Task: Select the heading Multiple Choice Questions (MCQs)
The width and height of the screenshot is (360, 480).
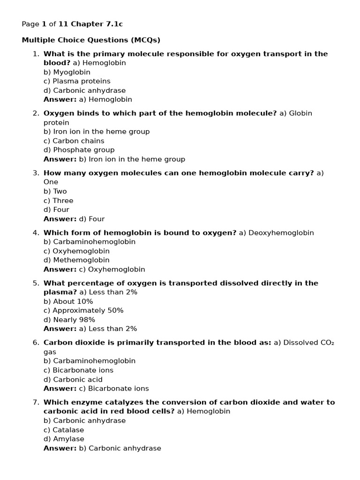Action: pos(91,40)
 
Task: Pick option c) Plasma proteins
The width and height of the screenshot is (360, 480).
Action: pos(77,81)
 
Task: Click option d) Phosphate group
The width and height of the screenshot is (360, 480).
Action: pos(79,150)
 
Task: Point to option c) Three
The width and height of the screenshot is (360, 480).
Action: pos(59,201)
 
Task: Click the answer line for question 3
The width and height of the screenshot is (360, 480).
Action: pos(74,219)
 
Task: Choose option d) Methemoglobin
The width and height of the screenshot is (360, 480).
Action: pos(76,260)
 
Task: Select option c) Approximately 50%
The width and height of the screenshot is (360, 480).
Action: pos(83,310)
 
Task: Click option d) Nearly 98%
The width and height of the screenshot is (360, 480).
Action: pos(69,320)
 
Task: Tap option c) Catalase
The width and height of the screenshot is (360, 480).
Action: pos(64,430)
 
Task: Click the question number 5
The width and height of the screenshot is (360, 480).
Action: pos(35,283)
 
